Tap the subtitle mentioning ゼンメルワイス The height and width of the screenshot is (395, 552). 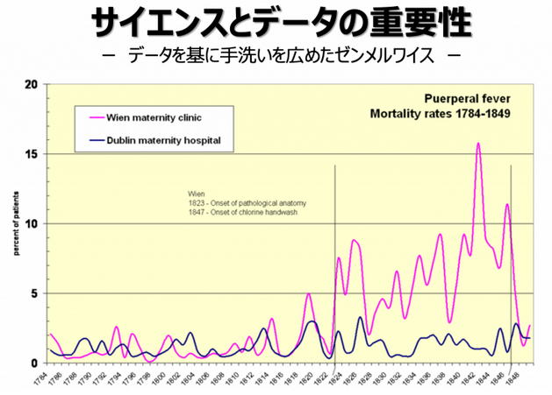point(276,57)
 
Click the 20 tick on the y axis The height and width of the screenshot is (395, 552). point(32,85)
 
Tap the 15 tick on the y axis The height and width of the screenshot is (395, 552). point(32,154)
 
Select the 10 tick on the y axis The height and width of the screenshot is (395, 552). point(32,223)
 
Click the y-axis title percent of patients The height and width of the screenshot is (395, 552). point(15,224)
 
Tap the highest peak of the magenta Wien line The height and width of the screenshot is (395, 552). point(478,144)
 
